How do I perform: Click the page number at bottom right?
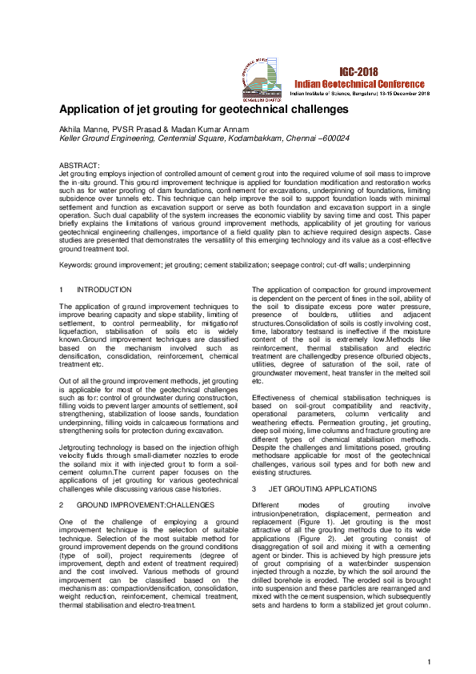(x=430, y=661)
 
